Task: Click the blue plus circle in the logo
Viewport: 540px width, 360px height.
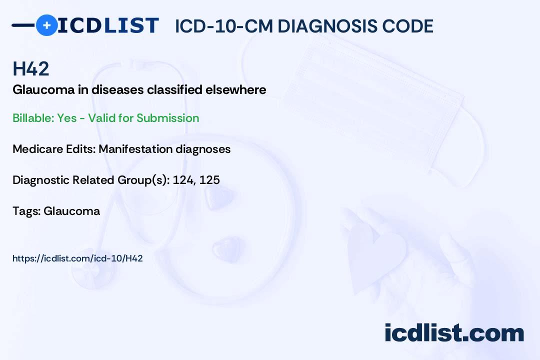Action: click(x=46, y=25)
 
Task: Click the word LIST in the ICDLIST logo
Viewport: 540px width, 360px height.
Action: click(x=131, y=25)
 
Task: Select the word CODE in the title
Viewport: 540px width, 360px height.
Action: click(x=403, y=26)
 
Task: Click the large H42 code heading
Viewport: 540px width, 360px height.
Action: click(x=30, y=68)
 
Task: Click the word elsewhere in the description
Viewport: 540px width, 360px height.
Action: click(x=236, y=89)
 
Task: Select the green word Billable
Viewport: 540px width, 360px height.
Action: click(x=33, y=118)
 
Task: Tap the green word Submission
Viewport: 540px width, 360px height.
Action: click(x=167, y=118)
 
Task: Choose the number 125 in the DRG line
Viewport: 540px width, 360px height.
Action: click(x=209, y=180)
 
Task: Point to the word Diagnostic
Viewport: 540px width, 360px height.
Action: click(x=41, y=180)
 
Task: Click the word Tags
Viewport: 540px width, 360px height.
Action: click(x=26, y=211)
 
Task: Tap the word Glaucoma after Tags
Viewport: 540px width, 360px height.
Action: click(x=71, y=211)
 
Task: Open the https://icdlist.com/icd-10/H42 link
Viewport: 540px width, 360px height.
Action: click(x=77, y=258)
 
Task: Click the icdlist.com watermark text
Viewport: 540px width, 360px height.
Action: click(x=454, y=333)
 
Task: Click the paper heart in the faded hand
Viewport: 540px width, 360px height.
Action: click(x=375, y=255)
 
